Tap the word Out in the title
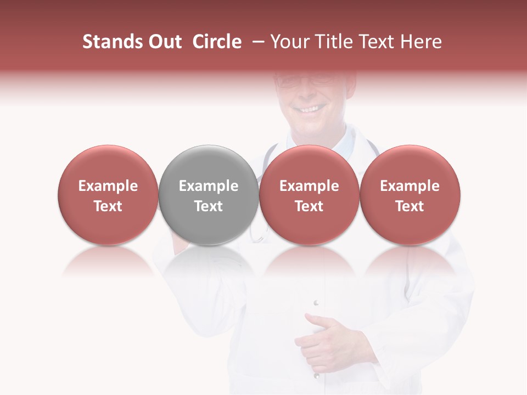pyautogui.click(x=164, y=42)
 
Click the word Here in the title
pyautogui.click(x=422, y=42)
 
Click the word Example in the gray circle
pyautogui.click(x=209, y=186)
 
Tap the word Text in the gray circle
pyautogui.click(x=209, y=206)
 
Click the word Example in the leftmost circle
pyautogui.click(x=108, y=186)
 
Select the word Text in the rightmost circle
pyautogui.click(x=410, y=206)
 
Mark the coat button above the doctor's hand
pyautogui.click(x=316, y=302)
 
